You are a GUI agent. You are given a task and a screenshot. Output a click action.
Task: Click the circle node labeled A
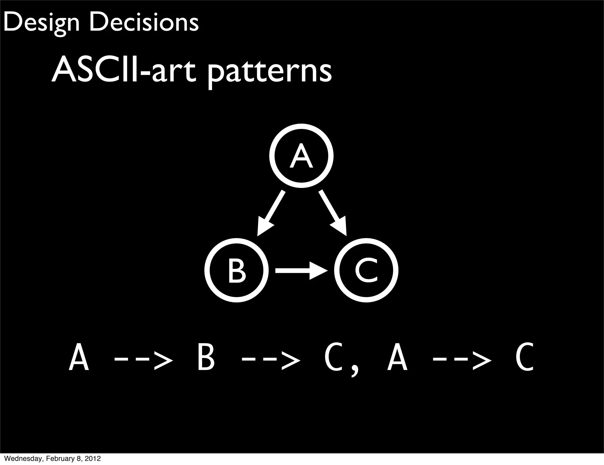click(x=301, y=156)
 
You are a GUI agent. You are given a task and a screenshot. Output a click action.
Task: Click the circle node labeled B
click(x=237, y=270)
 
